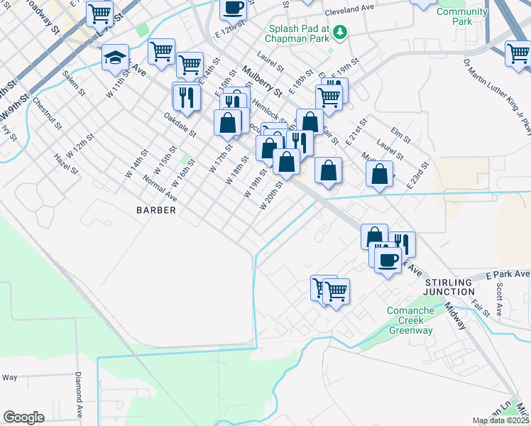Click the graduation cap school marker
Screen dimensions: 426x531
[114, 58]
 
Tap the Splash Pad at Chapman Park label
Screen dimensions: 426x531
[297, 33]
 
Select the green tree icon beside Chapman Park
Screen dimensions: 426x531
[340, 31]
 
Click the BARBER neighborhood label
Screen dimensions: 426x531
[155, 210]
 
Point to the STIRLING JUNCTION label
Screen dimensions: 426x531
[449, 287]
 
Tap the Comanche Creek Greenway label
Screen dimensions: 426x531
[420, 320]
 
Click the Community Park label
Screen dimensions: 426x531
[462, 16]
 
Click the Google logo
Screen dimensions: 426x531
[23, 417]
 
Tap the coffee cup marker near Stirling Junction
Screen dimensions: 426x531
[388, 260]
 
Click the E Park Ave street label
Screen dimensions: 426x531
[508, 274]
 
